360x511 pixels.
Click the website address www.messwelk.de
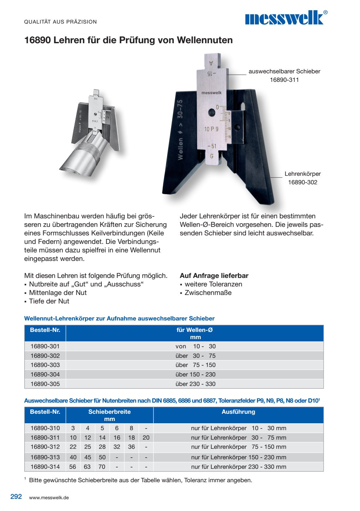49,498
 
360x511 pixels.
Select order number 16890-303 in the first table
45,365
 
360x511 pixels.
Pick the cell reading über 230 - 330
195,384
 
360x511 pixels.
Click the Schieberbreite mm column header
110,415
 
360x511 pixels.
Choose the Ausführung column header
238,412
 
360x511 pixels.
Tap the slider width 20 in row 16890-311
146,437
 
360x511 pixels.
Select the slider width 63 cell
87,466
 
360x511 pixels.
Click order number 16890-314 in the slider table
45,466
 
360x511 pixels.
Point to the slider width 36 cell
132,447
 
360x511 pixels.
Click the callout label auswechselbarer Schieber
284,71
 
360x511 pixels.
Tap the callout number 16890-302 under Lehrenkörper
302,182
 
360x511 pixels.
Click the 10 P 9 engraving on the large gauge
211,129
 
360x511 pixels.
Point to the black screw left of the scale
211,112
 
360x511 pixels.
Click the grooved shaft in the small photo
82,155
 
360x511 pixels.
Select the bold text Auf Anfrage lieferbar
214,276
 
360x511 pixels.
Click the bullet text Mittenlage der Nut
58,293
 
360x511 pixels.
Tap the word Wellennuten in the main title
205,40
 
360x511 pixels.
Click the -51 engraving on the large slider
212,146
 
